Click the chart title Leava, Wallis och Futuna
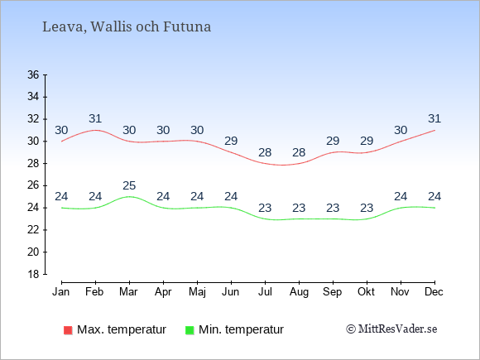[127, 26]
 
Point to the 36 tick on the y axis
[33, 74]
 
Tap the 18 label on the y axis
[33, 274]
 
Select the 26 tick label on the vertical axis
[33, 185]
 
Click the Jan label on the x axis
[61, 292]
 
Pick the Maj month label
[197, 292]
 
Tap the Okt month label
[366, 292]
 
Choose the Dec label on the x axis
[434, 292]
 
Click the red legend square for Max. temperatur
[68, 330]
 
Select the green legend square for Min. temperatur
[190, 330]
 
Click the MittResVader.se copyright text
[391, 329]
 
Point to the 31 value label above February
[95, 118]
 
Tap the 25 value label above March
[129, 185]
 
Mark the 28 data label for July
[265, 152]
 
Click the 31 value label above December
[434, 118]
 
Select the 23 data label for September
[333, 208]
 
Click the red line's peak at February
[95, 130]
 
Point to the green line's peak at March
[129, 196]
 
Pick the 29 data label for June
[231, 141]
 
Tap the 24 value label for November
[401, 196]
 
